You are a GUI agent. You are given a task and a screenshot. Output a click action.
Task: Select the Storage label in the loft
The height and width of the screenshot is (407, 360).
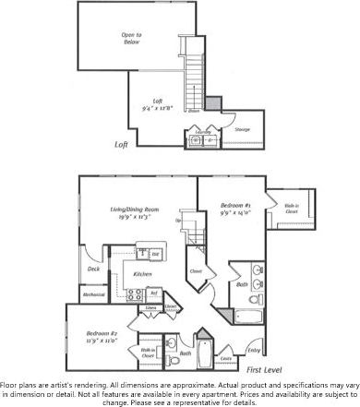[x=242, y=130]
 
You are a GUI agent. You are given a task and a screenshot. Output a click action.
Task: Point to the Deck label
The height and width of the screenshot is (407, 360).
[x=94, y=269]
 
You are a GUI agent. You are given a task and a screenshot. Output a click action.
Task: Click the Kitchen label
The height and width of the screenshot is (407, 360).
[x=143, y=274]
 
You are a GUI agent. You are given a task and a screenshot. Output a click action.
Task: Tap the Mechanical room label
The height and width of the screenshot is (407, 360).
[x=94, y=295]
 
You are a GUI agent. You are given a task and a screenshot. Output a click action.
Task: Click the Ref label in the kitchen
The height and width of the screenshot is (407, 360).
[x=154, y=293]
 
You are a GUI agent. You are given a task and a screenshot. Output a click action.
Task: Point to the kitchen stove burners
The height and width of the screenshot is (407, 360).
[x=146, y=252]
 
